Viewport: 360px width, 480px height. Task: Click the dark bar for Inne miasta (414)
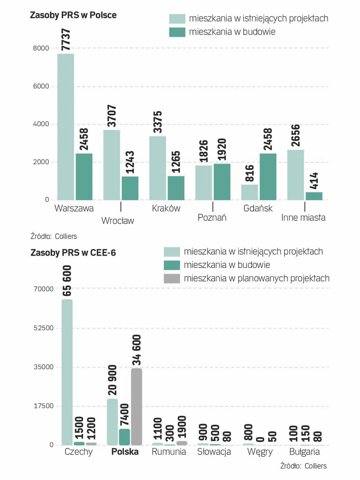click(x=314, y=196)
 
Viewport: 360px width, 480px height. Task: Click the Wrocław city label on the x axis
click(x=117, y=221)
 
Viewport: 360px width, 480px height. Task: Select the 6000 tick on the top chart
click(x=40, y=86)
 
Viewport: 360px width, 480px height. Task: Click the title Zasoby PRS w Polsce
click(x=73, y=15)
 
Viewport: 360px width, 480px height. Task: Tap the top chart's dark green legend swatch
click(x=177, y=32)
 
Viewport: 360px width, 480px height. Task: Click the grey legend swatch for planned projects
click(x=172, y=279)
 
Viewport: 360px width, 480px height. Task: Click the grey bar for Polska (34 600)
click(x=136, y=406)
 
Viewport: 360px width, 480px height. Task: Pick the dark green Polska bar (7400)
click(x=124, y=437)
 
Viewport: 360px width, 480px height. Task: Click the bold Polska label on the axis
click(x=125, y=452)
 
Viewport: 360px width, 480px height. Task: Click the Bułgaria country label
click(x=304, y=452)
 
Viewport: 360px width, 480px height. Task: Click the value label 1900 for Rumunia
click(x=181, y=427)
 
